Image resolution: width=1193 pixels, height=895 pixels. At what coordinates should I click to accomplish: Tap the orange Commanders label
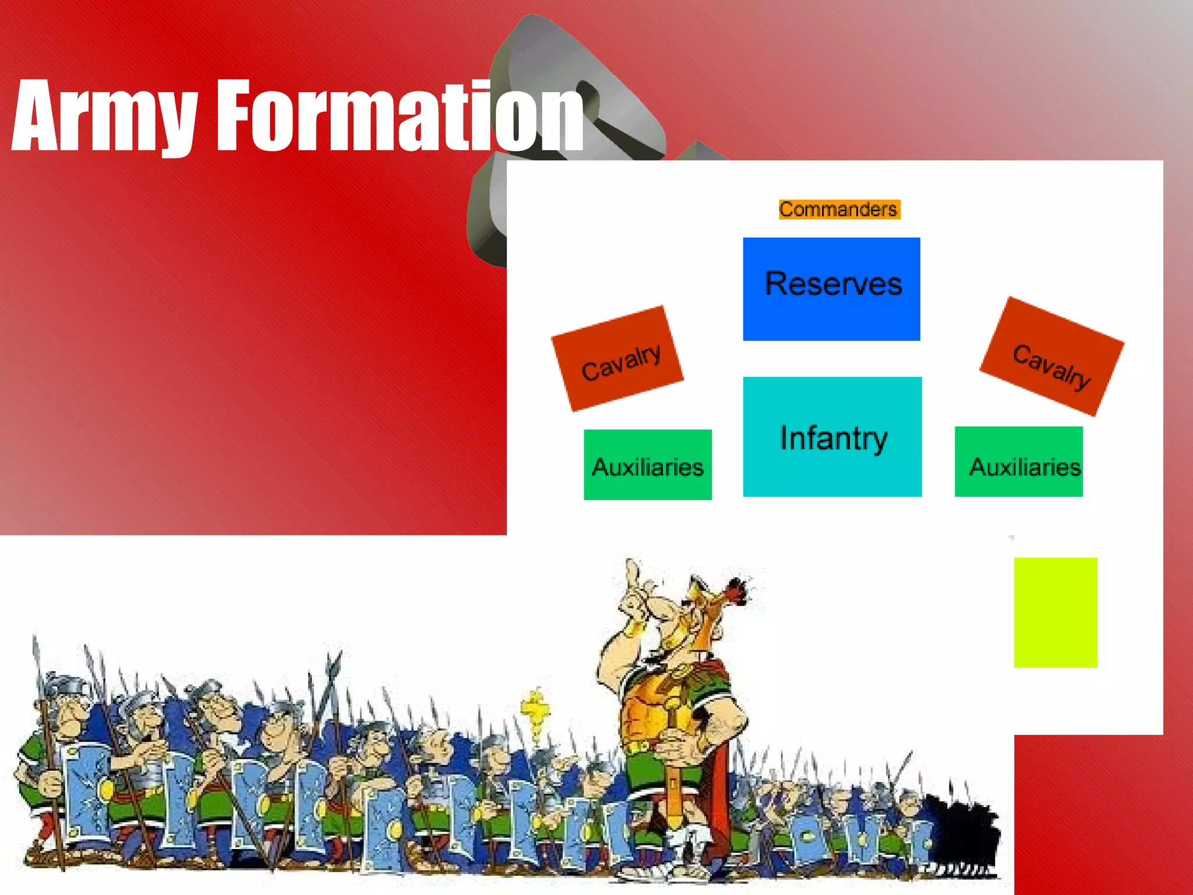tap(839, 209)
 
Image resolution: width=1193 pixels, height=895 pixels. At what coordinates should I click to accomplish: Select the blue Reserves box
tap(831, 288)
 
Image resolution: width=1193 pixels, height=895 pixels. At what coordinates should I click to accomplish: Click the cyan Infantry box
tap(832, 436)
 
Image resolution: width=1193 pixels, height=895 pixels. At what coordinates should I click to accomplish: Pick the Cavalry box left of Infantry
tap(617, 359)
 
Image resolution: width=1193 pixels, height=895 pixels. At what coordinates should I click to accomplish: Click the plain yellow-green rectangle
tap(1055, 612)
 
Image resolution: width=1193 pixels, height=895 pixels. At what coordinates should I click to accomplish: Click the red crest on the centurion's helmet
tap(737, 591)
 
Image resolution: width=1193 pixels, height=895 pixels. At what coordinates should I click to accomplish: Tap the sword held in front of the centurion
tap(673, 775)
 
